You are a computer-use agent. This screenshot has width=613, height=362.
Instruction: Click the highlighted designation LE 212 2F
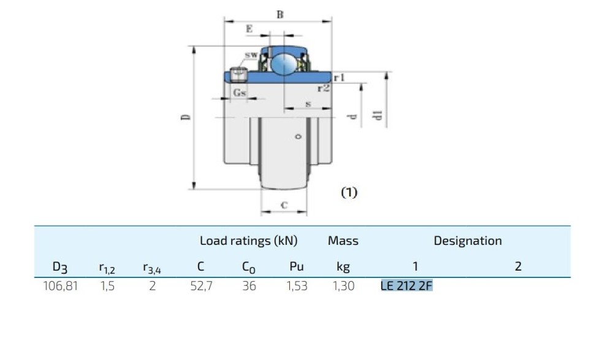(406, 285)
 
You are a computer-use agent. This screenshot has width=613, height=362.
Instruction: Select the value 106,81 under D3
(60, 285)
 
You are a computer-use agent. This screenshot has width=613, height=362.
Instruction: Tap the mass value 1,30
(343, 285)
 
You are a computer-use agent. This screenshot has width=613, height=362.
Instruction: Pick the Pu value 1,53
(297, 285)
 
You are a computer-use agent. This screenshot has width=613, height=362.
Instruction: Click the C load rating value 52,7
(201, 285)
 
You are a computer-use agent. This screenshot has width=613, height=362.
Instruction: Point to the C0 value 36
(248, 285)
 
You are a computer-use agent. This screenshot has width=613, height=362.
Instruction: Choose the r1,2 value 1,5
(107, 285)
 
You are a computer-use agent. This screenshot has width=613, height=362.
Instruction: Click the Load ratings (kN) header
(248, 241)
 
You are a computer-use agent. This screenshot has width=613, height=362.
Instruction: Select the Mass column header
(343, 241)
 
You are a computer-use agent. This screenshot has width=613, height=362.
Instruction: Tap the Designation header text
(467, 241)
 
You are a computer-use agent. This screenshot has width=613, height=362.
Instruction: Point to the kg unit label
(343, 267)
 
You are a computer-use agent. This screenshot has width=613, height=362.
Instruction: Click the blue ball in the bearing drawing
(283, 63)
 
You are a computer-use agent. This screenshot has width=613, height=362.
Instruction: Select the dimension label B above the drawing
(280, 15)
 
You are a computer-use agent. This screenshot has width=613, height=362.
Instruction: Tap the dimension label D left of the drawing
(186, 117)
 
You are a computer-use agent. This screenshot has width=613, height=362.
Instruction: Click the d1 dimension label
(378, 115)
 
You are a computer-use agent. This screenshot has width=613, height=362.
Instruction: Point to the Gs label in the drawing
(240, 93)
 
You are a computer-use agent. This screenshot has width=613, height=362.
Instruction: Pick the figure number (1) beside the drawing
(348, 192)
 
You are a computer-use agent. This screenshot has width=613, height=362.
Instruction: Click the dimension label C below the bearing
(284, 206)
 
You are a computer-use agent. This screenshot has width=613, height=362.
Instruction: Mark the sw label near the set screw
(251, 55)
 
